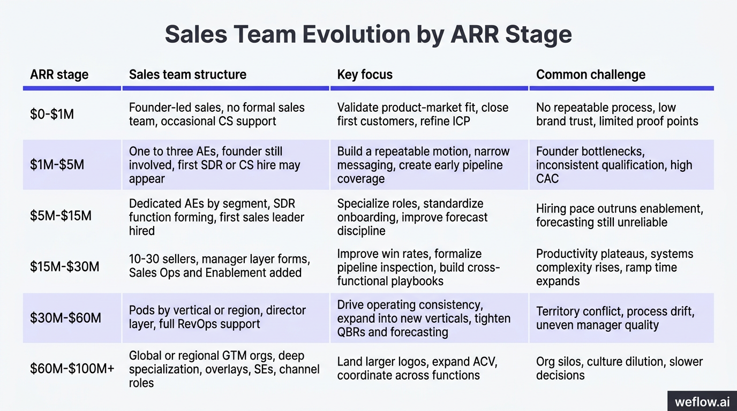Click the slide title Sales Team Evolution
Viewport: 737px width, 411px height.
pyautogui.click(x=368, y=34)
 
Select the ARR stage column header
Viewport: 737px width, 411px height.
pyautogui.click(x=59, y=74)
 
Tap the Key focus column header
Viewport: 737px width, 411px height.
pyautogui.click(x=365, y=74)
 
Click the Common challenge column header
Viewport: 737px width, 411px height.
pyautogui.click(x=590, y=74)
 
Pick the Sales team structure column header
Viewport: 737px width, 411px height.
pyautogui.click(x=187, y=74)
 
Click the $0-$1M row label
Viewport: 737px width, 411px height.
pyautogui.click(x=52, y=114)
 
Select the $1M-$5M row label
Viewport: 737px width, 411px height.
pyautogui.click(x=57, y=164)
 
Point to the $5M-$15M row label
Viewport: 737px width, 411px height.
pyautogui.click(x=61, y=216)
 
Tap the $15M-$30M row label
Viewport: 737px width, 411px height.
pyautogui.click(x=64, y=266)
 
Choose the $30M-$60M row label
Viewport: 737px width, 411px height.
pyautogui.click(x=65, y=318)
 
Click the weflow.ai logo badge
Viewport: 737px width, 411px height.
pyautogui.click(x=702, y=401)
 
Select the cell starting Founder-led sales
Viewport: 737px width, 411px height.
pyautogui.click(x=216, y=114)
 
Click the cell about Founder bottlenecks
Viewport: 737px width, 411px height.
pyautogui.click(x=614, y=165)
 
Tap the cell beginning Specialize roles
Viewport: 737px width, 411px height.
pyautogui.click(x=412, y=217)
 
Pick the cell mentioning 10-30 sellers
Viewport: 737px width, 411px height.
pyautogui.click(x=219, y=266)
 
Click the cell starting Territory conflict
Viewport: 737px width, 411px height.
pyautogui.click(x=615, y=318)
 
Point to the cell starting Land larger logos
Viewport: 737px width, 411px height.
pyautogui.click(x=417, y=368)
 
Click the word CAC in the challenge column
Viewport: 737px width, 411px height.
pyautogui.click(x=547, y=179)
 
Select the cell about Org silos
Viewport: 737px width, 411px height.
pyautogui.click(x=619, y=368)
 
